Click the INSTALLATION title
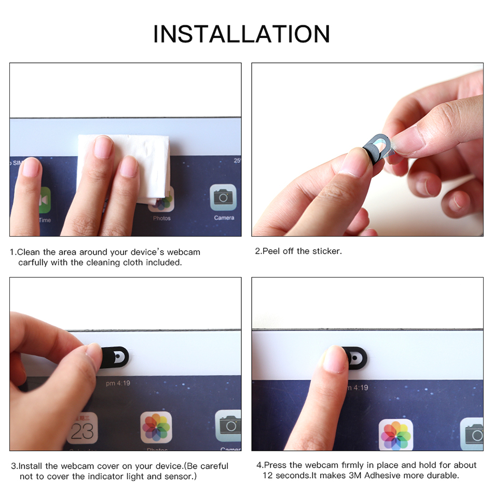pyautogui.click(x=241, y=34)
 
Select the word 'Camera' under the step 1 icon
pyautogui.click(x=224, y=218)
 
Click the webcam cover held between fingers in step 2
pyautogui.click(x=376, y=147)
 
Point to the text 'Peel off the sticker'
pyautogui.click(x=302, y=251)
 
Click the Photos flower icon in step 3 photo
pyautogui.click(x=156, y=427)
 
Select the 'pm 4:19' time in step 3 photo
pyautogui.click(x=118, y=384)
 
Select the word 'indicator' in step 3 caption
pyautogui.click(x=103, y=476)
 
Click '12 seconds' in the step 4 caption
pyautogui.click(x=284, y=475)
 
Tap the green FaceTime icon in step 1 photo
pyautogui.click(x=45, y=200)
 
